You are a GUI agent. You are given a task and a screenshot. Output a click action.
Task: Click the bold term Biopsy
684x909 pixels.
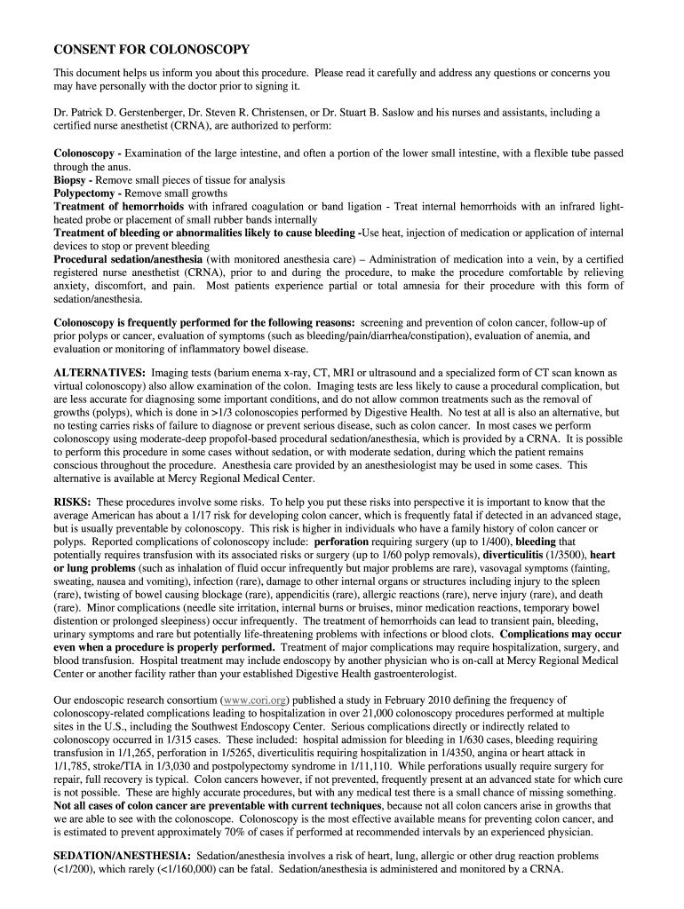(73, 180)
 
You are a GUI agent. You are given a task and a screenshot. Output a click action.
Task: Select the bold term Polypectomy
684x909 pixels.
(88, 193)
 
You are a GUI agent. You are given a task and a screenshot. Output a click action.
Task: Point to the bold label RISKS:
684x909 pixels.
(73, 502)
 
